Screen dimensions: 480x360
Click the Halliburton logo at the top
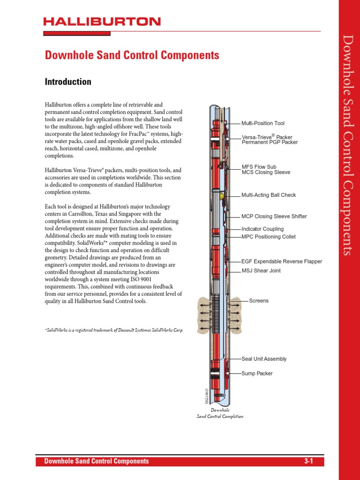[x=102, y=22]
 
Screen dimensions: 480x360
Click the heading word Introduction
[x=68, y=82]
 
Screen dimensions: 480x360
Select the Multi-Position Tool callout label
[x=262, y=123]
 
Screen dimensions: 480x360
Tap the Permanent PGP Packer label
[x=270, y=142]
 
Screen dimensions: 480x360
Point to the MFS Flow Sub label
[x=259, y=166]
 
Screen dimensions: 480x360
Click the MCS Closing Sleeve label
[x=266, y=172]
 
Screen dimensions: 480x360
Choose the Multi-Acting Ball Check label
[x=269, y=195]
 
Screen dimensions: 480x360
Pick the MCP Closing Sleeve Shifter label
[x=274, y=217]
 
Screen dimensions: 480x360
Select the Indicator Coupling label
[x=262, y=229]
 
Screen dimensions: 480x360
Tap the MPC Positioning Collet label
[x=269, y=237]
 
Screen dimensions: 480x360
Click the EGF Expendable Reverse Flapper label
[x=282, y=262]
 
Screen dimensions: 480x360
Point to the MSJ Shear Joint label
[x=261, y=271]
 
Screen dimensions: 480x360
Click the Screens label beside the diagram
[x=259, y=300]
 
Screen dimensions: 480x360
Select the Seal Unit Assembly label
[x=264, y=359]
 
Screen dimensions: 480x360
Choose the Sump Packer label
[x=257, y=374]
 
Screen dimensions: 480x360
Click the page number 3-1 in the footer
[x=308, y=461]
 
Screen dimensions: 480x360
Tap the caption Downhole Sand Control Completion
[x=220, y=413]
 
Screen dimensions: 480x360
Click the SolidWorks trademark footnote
[x=114, y=330]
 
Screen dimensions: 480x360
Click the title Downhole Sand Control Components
[x=132, y=55]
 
